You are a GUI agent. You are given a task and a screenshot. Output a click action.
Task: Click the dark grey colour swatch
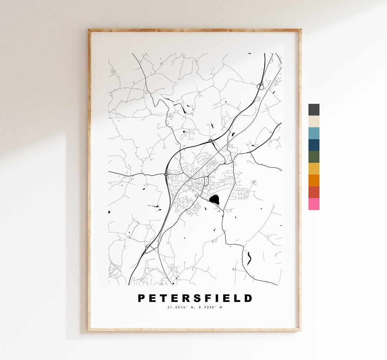pyautogui.click(x=314, y=110)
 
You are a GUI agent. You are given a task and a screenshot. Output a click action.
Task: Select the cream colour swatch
pyautogui.click(x=314, y=122)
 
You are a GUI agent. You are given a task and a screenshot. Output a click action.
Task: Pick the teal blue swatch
pyautogui.click(x=314, y=133)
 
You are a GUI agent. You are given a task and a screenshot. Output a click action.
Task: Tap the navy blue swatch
pyautogui.click(x=314, y=145)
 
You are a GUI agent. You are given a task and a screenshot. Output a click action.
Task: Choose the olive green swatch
pyautogui.click(x=314, y=157)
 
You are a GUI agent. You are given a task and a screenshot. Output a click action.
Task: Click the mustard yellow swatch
pyautogui.click(x=314, y=169)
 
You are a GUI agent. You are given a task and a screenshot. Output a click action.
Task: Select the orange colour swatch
pyautogui.click(x=314, y=180)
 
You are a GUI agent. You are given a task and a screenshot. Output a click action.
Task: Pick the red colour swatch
pyautogui.click(x=314, y=192)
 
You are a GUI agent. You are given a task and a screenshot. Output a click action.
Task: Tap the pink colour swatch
pyautogui.click(x=314, y=204)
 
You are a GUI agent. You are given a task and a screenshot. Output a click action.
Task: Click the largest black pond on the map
pyautogui.click(x=214, y=199)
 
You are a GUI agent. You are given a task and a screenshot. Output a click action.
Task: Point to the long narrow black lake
pyautogui.click(x=248, y=258)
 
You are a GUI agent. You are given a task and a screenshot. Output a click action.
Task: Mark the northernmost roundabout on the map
pyautogui.click(x=261, y=86)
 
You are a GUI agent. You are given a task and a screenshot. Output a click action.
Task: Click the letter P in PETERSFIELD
pyautogui.click(x=142, y=298)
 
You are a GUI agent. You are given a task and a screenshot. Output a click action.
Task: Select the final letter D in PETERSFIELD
pyautogui.click(x=248, y=298)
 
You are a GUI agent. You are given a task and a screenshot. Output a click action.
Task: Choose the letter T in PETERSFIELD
pyautogui.click(x=163, y=298)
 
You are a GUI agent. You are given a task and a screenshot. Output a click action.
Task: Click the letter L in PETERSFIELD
pyautogui.click(x=237, y=298)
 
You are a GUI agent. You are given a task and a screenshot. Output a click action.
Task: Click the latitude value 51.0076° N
pyautogui.click(x=180, y=307)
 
